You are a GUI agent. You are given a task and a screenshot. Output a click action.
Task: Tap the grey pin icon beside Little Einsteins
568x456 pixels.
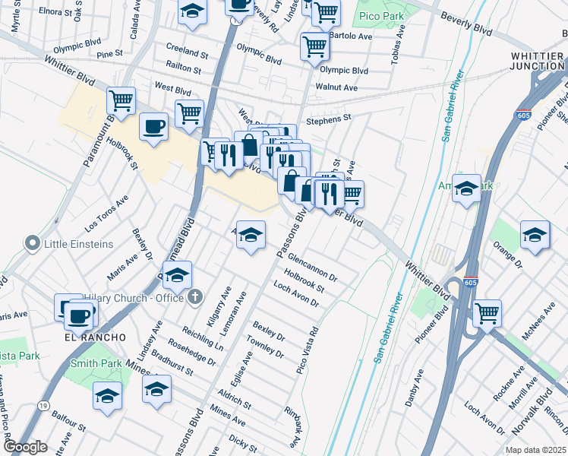[32, 244]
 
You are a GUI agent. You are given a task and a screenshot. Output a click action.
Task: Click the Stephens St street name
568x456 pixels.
[329, 119]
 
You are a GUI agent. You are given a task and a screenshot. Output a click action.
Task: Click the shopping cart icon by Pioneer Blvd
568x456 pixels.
[487, 312]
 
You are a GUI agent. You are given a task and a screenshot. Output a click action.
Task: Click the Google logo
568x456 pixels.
[25, 447]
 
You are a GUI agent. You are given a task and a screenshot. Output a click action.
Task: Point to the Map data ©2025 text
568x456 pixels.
[535, 450]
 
